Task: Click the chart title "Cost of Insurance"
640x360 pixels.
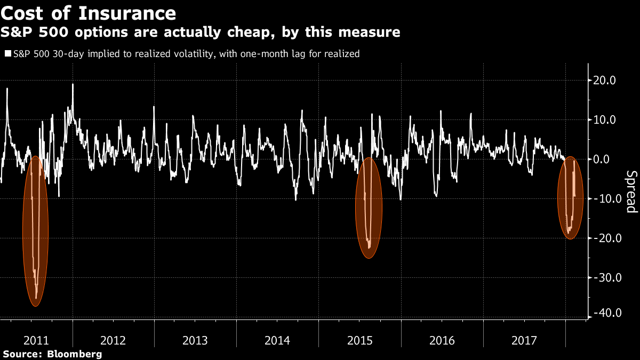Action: tap(88, 12)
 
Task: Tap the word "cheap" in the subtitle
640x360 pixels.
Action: tap(247, 33)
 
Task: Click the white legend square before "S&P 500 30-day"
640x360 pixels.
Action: tap(7, 53)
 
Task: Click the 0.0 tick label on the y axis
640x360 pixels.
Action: tap(607, 159)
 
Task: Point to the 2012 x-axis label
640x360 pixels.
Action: tap(113, 340)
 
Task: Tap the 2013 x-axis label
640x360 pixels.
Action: tap(195, 340)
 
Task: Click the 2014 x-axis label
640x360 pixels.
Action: tap(277, 340)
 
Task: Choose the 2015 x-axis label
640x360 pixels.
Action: tap(359, 340)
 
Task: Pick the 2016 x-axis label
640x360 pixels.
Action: tap(442, 340)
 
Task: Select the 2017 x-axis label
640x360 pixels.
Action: tap(524, 340)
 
